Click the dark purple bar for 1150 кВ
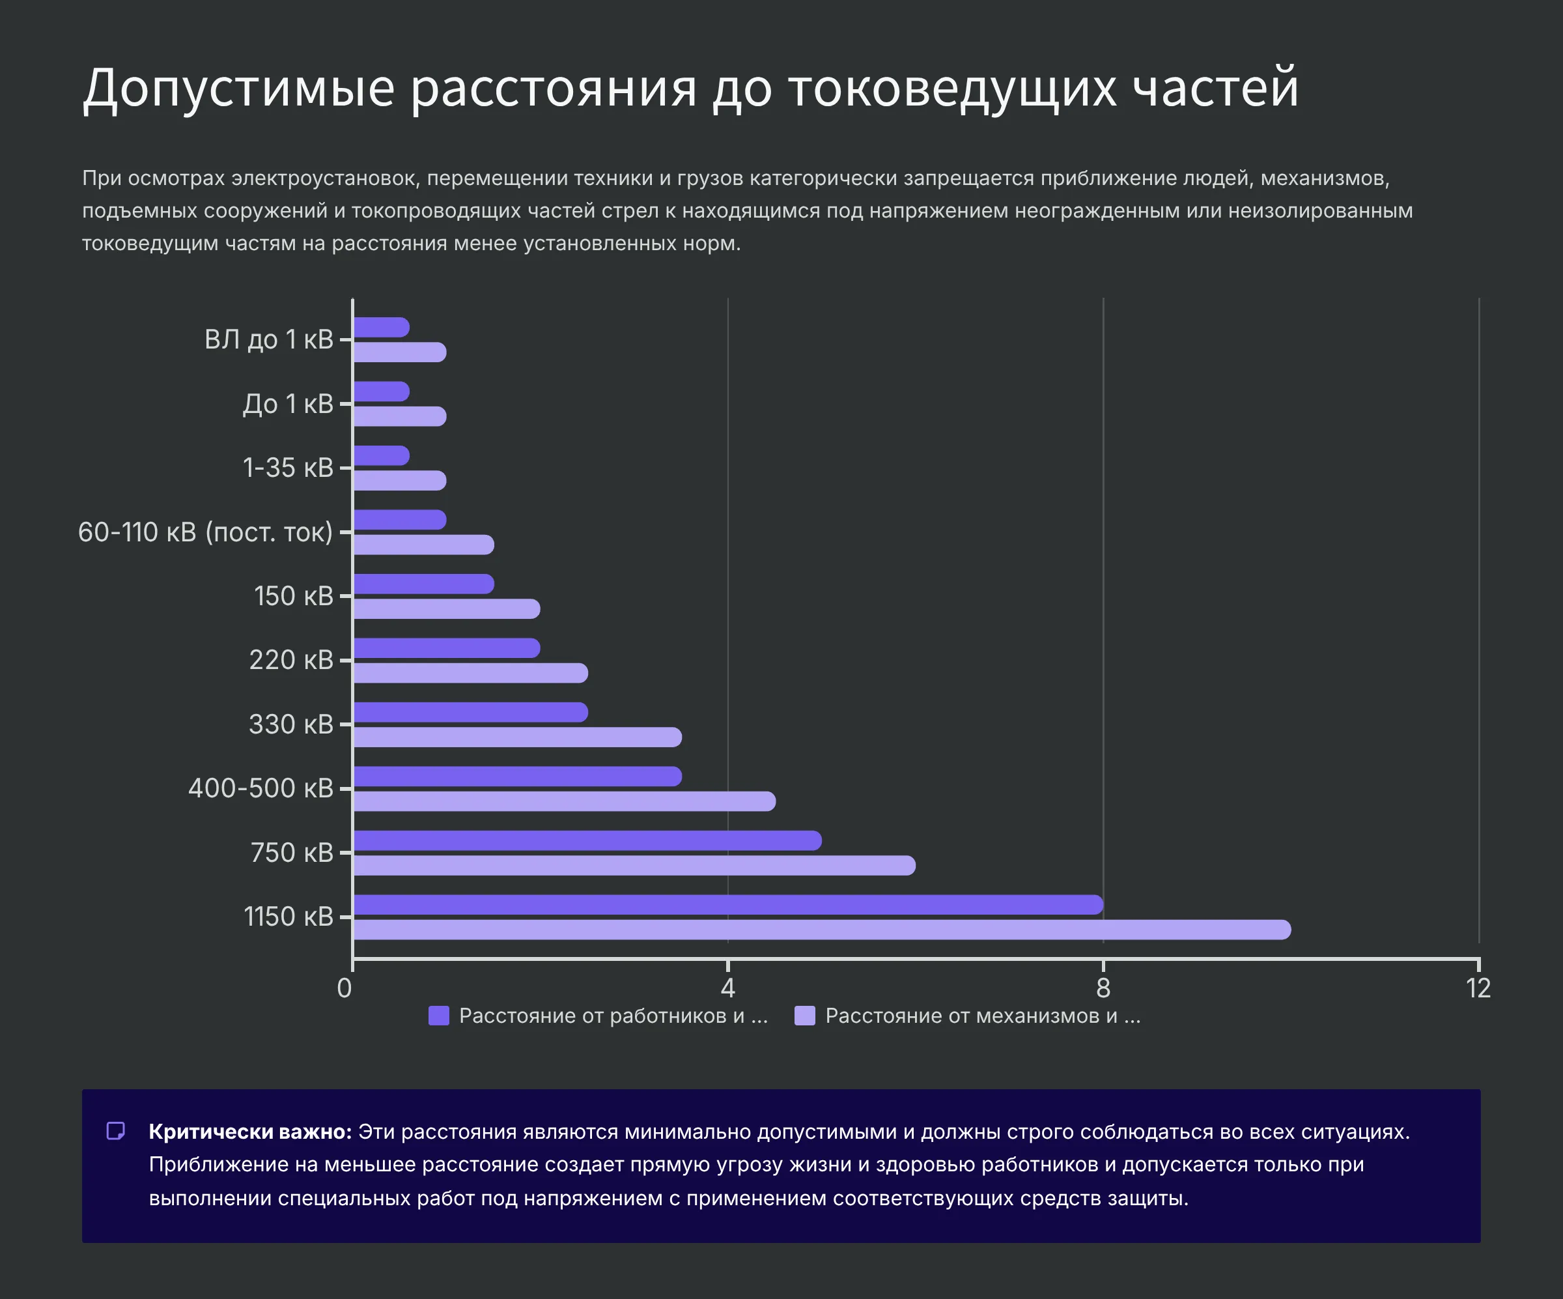(x=728, y=904)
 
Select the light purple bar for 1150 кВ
(x=822, y=929)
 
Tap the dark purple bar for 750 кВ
(x=587, y=840)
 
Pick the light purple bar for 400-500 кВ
(x=564, y=801)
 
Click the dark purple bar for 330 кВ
(x=470, y=713)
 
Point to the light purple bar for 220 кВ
(x=470, y=673)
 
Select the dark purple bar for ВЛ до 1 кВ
(x=381, y=328)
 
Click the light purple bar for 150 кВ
(x=447, y=609)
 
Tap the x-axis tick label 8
(x=1103, y=988)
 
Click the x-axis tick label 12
(x=1478, y=988)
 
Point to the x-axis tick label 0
(x=345, y=988)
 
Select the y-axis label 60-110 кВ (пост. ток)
(x=205, y=532)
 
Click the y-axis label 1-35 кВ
(x=288, y=468)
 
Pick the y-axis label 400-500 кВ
(x=260, y=788)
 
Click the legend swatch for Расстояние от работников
(x=439, y=1016)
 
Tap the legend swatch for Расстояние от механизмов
(x=806, y=1016)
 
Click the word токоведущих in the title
(x=952, y=88)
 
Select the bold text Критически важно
(x=250, y=1132)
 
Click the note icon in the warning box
(x=115, y=1132)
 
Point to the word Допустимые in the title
(x=238, y=88)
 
